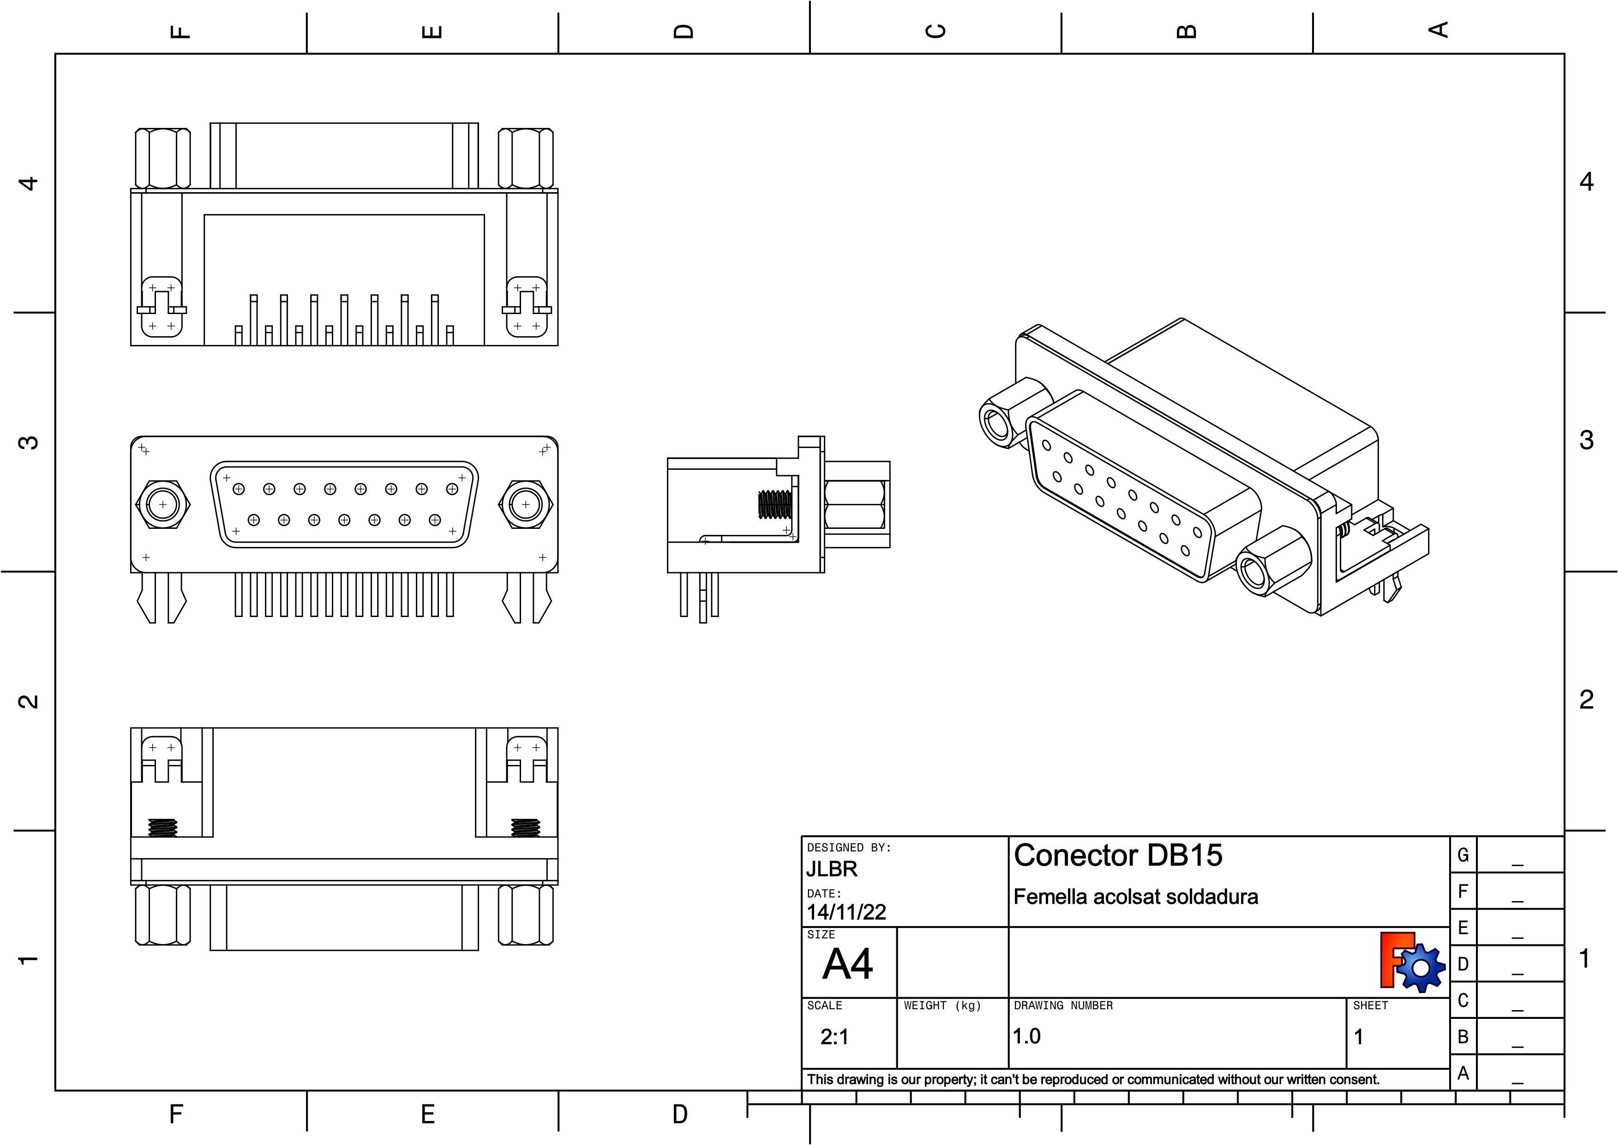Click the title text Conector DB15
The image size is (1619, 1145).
(x=1118, y=855)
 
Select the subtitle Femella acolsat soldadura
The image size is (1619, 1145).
(x=1135, y=897)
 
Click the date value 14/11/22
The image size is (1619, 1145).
(x=846, y=912)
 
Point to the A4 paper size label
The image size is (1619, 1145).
(x=848, y=963)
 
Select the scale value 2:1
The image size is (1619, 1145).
(x=835, y=1036)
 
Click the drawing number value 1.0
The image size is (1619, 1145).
(x=1027, y=1036)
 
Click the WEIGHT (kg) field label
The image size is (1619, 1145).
(x=942, y=1006)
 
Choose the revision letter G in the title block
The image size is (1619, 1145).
(x=1463, y=855)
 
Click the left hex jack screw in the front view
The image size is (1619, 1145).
(x=163, y=504)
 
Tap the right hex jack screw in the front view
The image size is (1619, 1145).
(x=525, y=504)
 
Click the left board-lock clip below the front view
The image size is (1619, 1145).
(x=162, y=597)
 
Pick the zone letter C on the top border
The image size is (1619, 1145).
(x=935, y=31)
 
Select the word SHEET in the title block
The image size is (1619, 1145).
(x=1370, y=1006)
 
